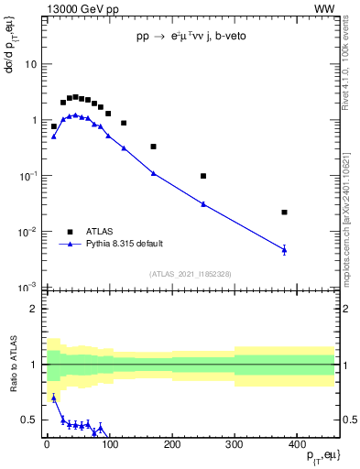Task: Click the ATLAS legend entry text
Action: (x=100, y=232)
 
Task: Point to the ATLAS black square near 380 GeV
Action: (x=284, y=213)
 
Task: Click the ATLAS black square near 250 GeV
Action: (x=203, y=176)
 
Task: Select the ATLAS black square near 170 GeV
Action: (x=153, y=147)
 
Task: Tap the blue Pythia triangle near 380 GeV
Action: (x=284, y=249)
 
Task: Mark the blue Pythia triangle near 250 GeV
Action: (x=203, y=203)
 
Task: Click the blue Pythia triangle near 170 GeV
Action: (x=153, y=173)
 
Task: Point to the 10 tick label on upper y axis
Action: (x=30, y=65)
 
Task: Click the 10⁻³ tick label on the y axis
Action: (x=27, y=288)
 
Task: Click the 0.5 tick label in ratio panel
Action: (x=28, y=420)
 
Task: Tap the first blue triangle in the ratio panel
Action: (x=53, y=398)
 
